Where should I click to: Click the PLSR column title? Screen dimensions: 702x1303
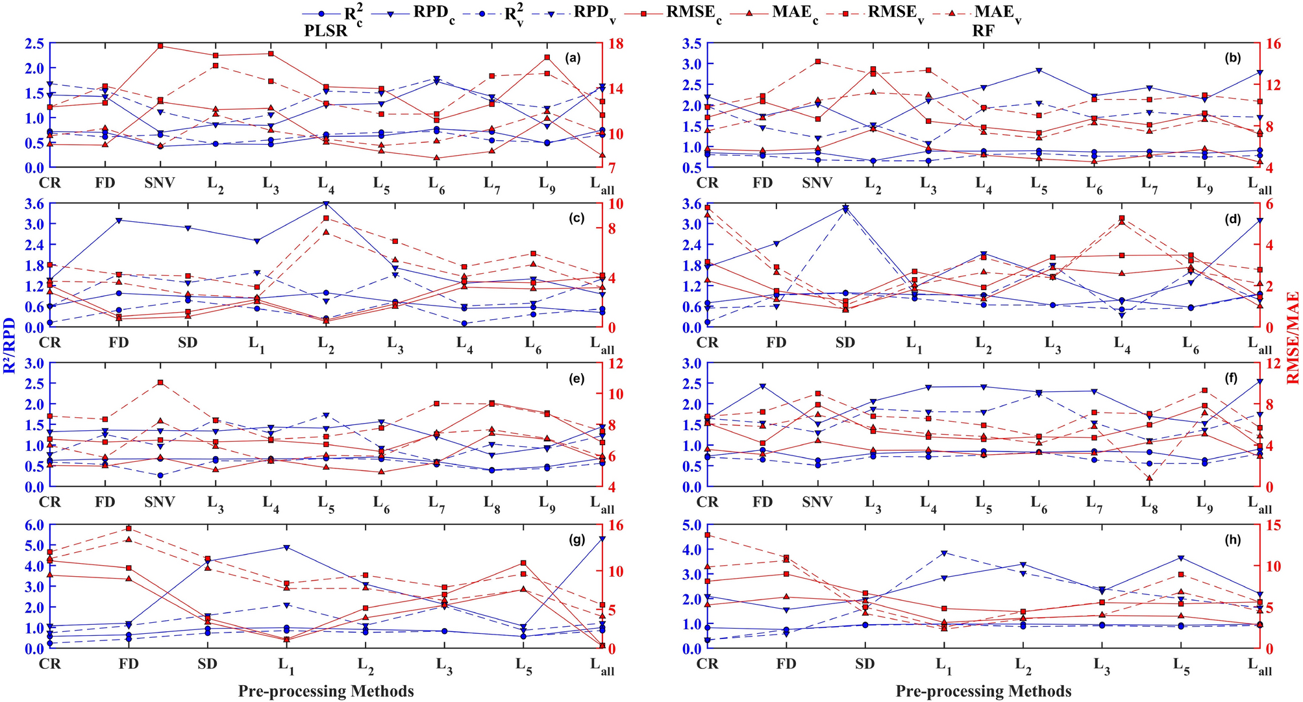[x=326, y=30]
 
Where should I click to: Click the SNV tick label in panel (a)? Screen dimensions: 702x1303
[x=160, y=183]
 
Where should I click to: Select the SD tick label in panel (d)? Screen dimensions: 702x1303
[x=845, y=343]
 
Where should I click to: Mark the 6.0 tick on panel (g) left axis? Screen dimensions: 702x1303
[x=32, y=524]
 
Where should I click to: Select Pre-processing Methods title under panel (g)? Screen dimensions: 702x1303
[x=326, y=691]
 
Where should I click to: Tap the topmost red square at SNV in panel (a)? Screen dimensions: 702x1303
[x=160, y=46]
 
